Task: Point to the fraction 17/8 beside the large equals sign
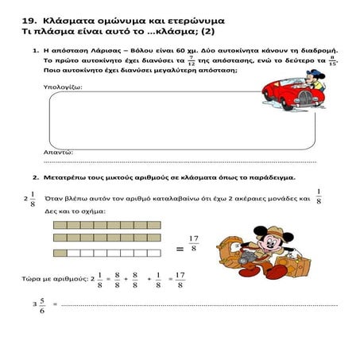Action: [x=193, y=243]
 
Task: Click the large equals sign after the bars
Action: [x=180, y=249]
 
